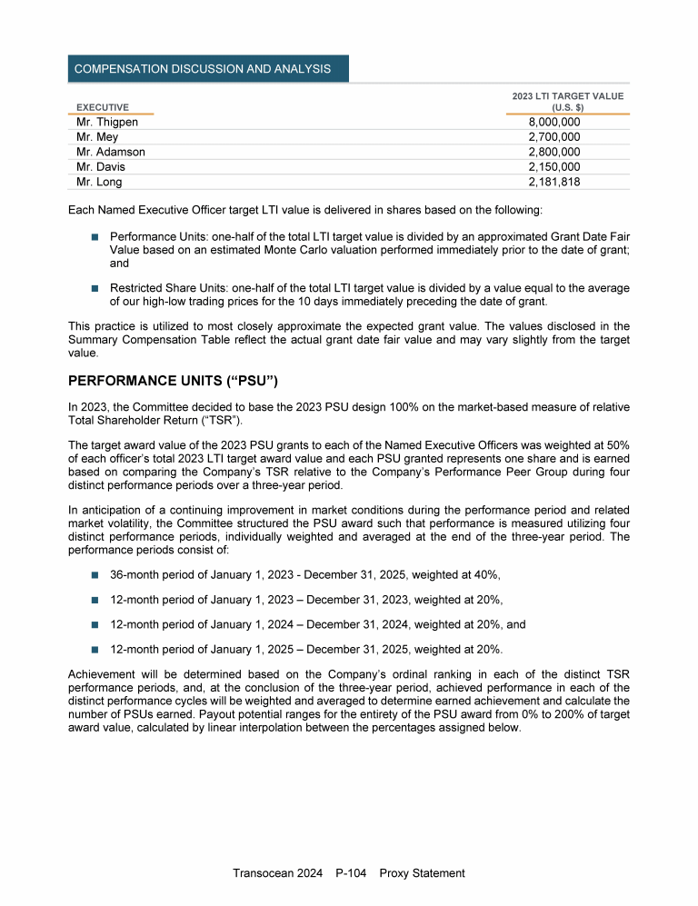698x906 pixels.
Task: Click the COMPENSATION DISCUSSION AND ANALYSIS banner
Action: pos(202,69)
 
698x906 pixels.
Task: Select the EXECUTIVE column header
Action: pos(102,107)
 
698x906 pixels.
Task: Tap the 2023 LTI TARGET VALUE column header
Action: pos(567,101)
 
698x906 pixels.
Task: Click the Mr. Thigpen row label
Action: pos(107,122)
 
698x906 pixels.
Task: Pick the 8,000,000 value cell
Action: pos(554,122)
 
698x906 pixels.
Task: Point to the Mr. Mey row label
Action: pos(95,137)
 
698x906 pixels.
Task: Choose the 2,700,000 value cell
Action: pos(554,137)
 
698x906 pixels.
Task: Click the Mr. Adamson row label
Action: pos(111,152)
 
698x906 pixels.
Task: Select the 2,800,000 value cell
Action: pos(554,152)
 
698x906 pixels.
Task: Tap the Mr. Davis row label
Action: pos(101,167)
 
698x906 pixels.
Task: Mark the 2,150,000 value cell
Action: pos(554,167)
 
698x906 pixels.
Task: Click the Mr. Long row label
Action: pos(100,182)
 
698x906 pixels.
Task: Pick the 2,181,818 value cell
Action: pos(554,182)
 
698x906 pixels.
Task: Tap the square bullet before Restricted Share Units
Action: pos(95,287)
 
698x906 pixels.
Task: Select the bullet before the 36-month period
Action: pos(95,574)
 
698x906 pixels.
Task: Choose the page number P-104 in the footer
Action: pos(350,873)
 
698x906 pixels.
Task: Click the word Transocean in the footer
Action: pos(264,873)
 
